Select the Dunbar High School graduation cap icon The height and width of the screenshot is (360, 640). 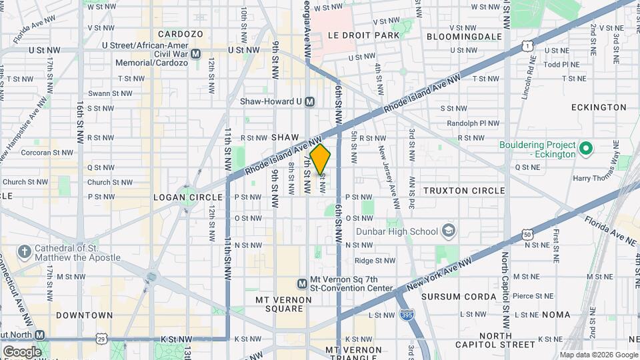(450, 231)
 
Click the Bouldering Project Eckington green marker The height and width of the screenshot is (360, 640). (587, 147)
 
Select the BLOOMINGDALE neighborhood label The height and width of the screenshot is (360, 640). (463, 35)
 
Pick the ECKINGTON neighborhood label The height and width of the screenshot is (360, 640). (599, 107)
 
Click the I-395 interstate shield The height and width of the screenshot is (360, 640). (406, 314)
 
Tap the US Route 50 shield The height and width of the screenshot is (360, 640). (527, 235)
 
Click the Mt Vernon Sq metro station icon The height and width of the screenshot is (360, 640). (302, 283)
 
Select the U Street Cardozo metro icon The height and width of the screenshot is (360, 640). (195, 53)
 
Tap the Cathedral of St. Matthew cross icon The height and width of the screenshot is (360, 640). (25, 252)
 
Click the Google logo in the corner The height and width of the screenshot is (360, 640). (21, 351)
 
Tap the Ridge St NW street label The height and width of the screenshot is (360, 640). (375, 261)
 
